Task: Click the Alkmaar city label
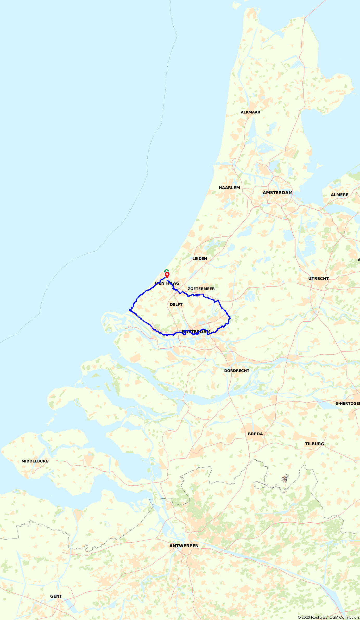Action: click(250, 112)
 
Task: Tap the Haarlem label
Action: click(229, 188)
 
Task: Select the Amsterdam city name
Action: click(277, 193)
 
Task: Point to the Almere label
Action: click(339, 195)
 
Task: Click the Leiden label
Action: click(200, 259)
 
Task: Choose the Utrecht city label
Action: click(319, 279)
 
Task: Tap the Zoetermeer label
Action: click(201, 289)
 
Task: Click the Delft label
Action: click(176, 304)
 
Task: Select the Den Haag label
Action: click(167, 283)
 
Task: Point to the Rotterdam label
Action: click(196, 332)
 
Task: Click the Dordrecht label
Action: click(237, 371)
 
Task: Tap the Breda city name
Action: click(255, 434)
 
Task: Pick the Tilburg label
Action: click(314, 444)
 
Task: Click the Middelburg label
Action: click(35, 461)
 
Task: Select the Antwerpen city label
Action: click(184, 546)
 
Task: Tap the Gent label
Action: click(56, 596)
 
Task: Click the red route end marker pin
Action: click(167, 274)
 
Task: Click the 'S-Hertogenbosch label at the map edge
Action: click(347, 403)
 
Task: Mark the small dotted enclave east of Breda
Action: click(285, 478)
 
